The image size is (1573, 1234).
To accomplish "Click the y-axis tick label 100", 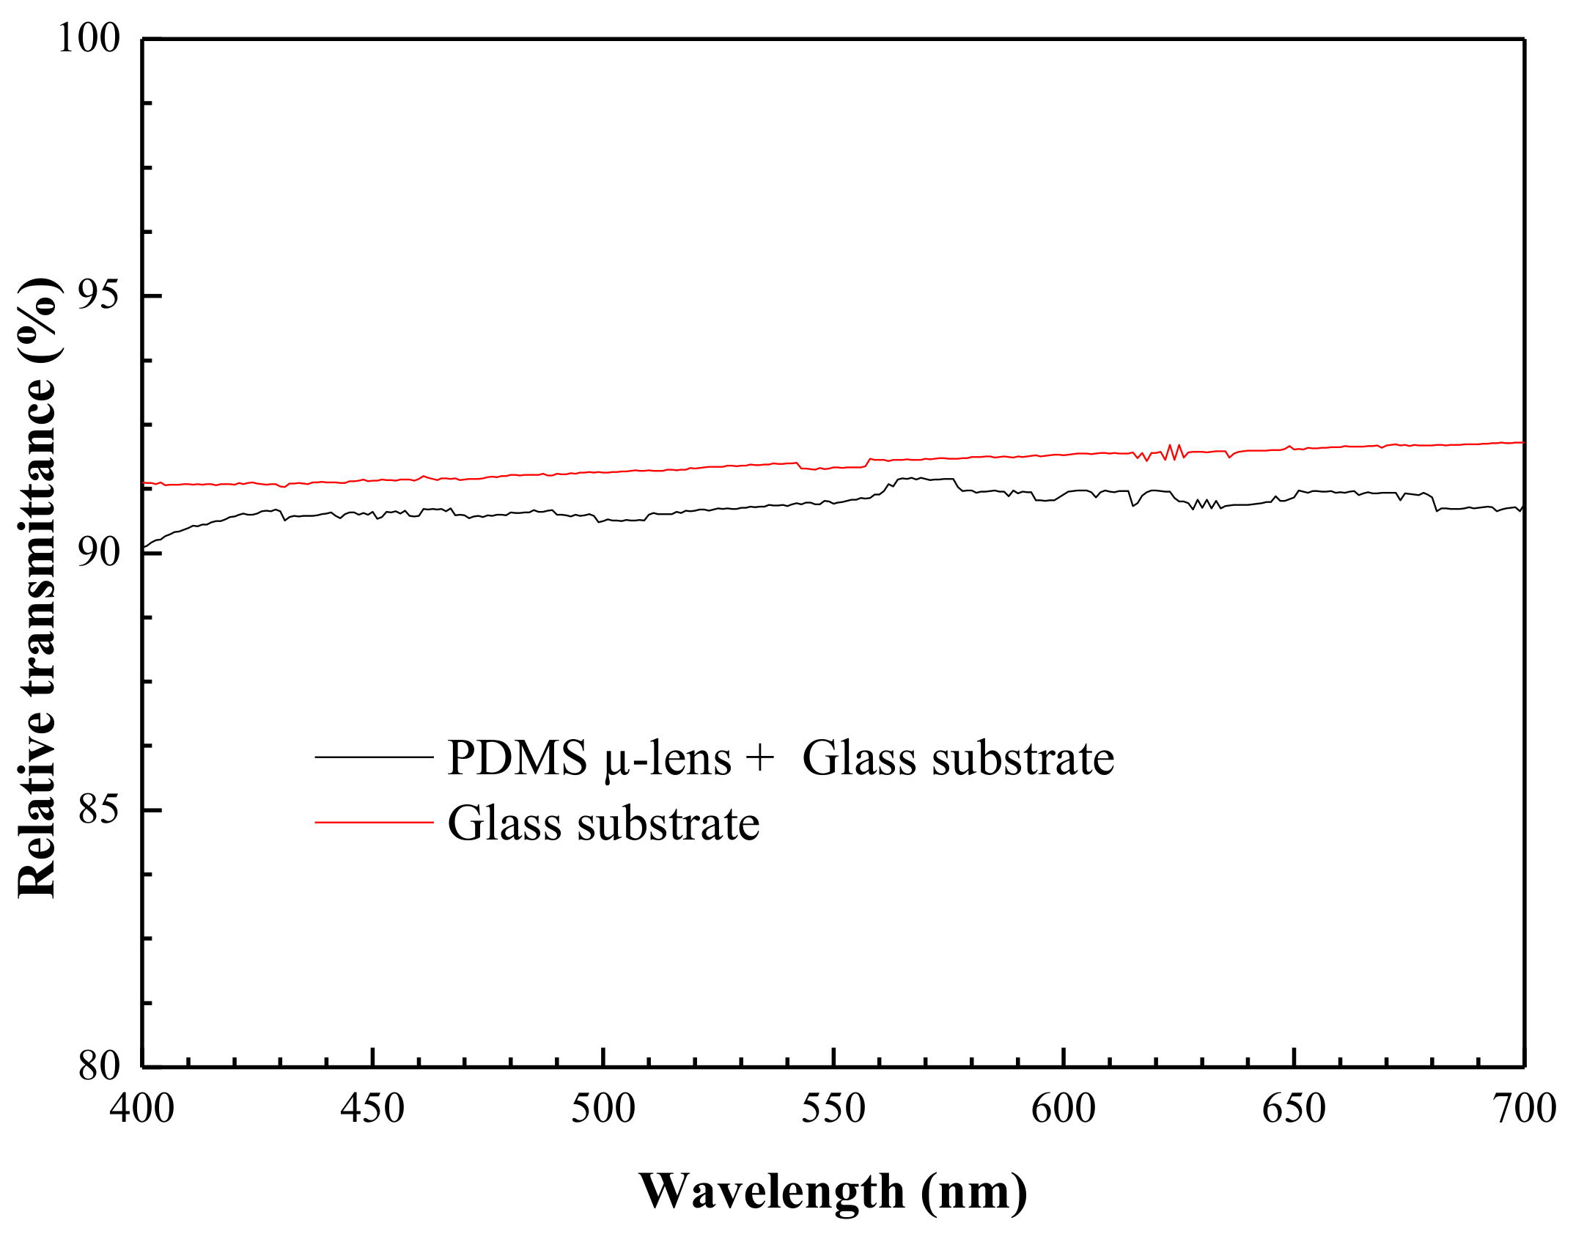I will (x=88, y=38).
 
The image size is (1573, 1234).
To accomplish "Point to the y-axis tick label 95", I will (x=98, y=296).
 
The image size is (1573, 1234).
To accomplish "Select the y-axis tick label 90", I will (x=98, y=553).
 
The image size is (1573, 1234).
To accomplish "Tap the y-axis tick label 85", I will (x=98, y=810).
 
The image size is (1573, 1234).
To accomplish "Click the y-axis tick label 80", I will (x=98, y=1066).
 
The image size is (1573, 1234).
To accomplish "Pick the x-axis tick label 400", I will (x=142, y=1109).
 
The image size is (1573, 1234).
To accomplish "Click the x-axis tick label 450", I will (x=372, y=1109).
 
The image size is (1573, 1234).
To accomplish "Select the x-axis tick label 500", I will (x=603, y=1109).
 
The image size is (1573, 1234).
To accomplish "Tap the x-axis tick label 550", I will (x=833, y=1109).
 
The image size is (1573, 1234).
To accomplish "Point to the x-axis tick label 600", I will (x=1063, y=1109).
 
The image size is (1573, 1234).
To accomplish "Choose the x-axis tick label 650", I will (x=1294, y=1109).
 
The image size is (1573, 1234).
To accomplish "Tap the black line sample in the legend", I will (x=374, y=757).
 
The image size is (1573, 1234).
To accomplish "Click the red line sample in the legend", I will (x=374, y=823).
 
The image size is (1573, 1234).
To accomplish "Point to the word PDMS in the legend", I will (x=517, y=758).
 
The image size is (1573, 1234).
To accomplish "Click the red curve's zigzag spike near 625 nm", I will (x=1174, y=451).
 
